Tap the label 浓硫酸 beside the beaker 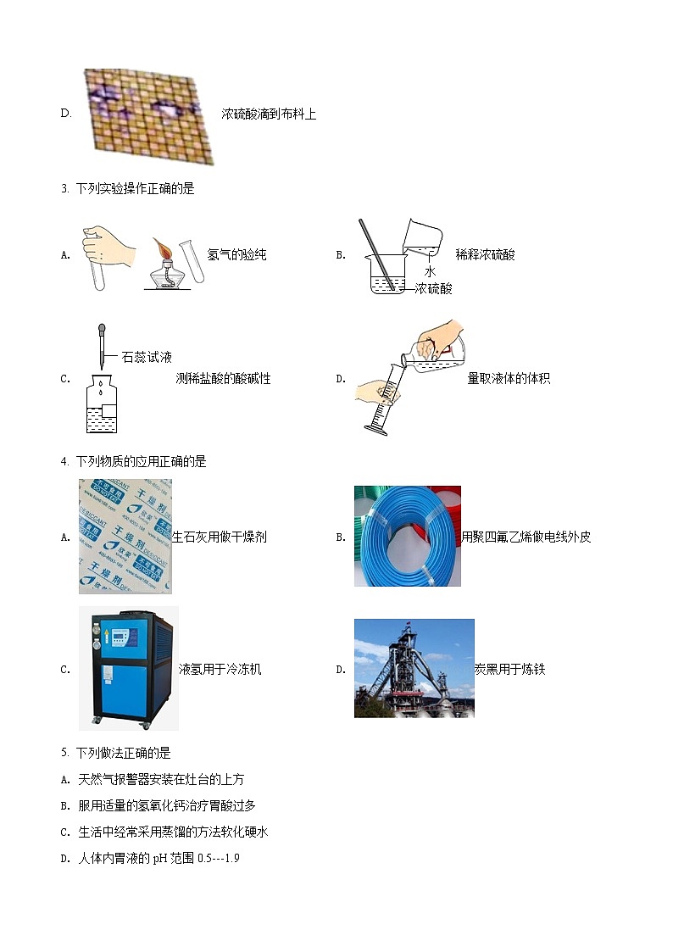[434, 288]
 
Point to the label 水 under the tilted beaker [430, 271]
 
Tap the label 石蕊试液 [147, 357]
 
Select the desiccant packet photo [125, 536]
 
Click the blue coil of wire [407, 537]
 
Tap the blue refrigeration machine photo [128, 668]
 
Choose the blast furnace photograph [414, 668]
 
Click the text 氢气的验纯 [237, 254]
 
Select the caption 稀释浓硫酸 [485, 254]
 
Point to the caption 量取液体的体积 [509, 378]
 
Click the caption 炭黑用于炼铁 [509, 669]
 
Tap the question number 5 [64, 752]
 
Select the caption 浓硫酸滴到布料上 [269, 114]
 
